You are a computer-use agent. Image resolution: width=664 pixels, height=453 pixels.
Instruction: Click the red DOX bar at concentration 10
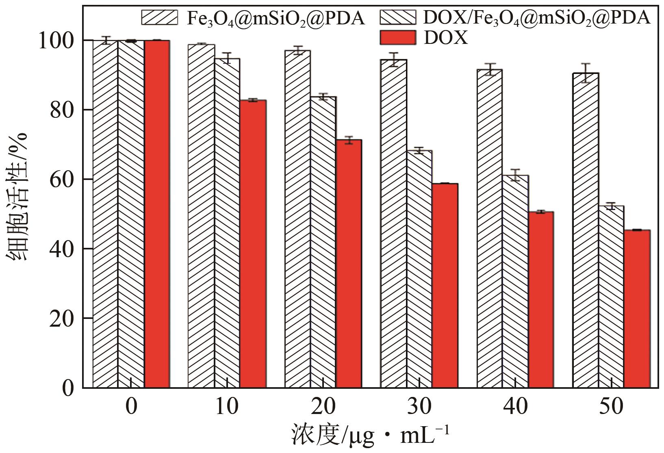tap(253, 244)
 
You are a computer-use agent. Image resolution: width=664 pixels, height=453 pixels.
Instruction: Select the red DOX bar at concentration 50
tap(637, 309)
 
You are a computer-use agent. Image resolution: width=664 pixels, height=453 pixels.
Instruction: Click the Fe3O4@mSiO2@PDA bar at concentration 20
tap(297, 219)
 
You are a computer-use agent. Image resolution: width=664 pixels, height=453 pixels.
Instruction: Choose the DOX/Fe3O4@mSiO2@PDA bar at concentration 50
tap(611, 297)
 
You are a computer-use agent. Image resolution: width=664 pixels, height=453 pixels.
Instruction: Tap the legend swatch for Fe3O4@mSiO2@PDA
tap(160, 17)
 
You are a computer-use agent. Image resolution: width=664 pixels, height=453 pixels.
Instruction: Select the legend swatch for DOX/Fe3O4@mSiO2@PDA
tap(398, 17)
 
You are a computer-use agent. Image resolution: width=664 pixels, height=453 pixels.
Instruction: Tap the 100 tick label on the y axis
tap(56, 41)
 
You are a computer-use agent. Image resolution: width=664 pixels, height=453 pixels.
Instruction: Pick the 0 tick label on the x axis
tap(131, 406)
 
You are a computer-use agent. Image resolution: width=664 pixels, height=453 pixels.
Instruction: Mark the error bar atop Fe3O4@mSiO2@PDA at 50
tap(585, 73)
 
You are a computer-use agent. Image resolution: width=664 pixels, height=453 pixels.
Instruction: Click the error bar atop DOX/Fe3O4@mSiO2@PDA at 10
tap(227, 58)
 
